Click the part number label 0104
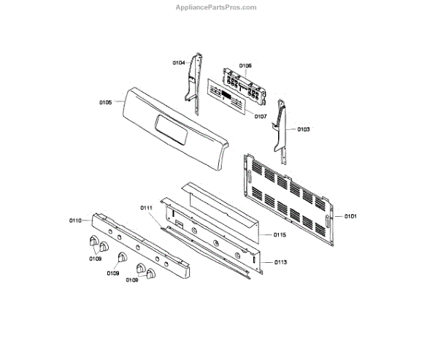pyautogui.click(x=179, y=64)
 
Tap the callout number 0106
pyautogui.click(x=246, y=66)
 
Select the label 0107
pyautogui.click(x=261, y=116)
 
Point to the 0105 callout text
pyautogui.click(x=105, y=103)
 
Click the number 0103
pyautogui.click(x=304, y=129)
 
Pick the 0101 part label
pyautogui.click(x=351, y=216)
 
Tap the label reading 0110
pyautogui.click(x=75, y=220)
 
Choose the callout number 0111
pyautogui.click(x=146, y=208)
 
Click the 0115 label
pyautogui.click(x=280, y=234)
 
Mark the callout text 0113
pyautogui.click(x=281, y=261)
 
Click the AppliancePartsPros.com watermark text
pyautogui.click(x=217, y=7)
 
